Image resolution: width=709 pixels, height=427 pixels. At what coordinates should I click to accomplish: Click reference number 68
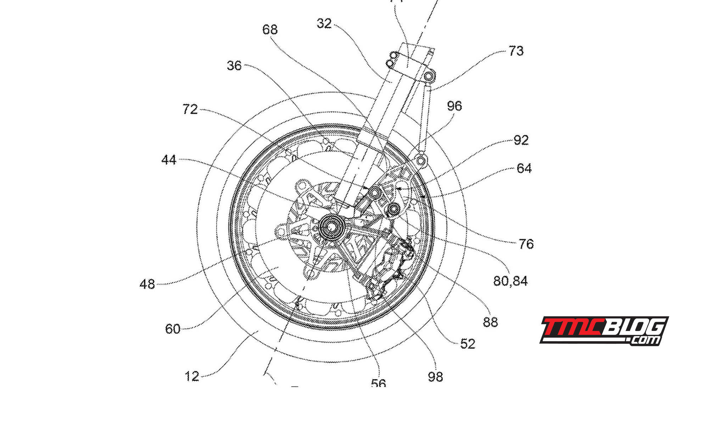point(270,29)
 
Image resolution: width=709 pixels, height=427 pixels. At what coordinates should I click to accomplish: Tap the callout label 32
point(324,23)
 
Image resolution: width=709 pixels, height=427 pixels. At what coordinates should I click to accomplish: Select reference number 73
point(516,51)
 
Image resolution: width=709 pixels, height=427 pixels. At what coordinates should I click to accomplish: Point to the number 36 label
point(234,66)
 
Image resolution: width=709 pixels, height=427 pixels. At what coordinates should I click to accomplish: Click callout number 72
point(190,109)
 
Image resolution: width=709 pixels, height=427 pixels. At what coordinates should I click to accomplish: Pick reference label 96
point(454,106)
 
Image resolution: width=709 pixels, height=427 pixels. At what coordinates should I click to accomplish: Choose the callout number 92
point(521,140)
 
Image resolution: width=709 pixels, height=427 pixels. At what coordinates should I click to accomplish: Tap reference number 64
point(524,168)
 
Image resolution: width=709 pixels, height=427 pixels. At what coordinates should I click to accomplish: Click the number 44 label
point(169,160)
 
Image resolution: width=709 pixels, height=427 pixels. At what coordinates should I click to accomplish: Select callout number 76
point(526,244)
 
